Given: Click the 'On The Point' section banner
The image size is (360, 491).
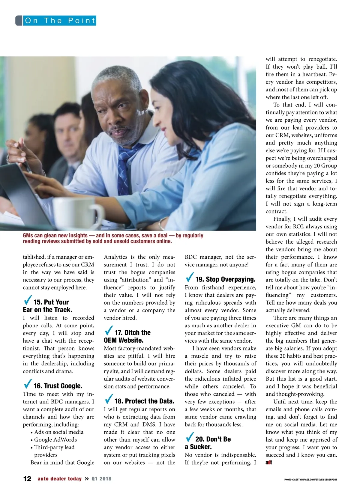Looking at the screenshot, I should [59, 21].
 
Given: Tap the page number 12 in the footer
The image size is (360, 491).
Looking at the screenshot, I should [27, 479].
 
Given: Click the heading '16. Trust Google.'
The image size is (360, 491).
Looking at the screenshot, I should [58, 386].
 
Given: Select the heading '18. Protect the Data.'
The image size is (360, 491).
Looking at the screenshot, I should [144, 401].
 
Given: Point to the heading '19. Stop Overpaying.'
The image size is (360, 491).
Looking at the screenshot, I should [225, 279].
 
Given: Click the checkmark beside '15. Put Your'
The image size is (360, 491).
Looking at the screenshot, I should [28, 300].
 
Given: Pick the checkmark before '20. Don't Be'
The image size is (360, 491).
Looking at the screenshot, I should [190, 437].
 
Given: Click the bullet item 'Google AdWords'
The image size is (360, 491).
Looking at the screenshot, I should [55, 439].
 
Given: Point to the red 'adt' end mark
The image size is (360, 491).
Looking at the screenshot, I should [269, 463].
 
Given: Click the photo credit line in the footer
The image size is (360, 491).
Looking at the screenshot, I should [310, 480].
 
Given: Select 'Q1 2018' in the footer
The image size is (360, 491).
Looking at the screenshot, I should [101, 479].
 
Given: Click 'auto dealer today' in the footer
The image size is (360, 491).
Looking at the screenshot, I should [60, 479].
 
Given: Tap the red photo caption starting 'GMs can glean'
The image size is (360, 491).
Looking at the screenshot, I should [113, 238].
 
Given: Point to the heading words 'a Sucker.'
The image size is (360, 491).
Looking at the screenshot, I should [198, 447].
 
